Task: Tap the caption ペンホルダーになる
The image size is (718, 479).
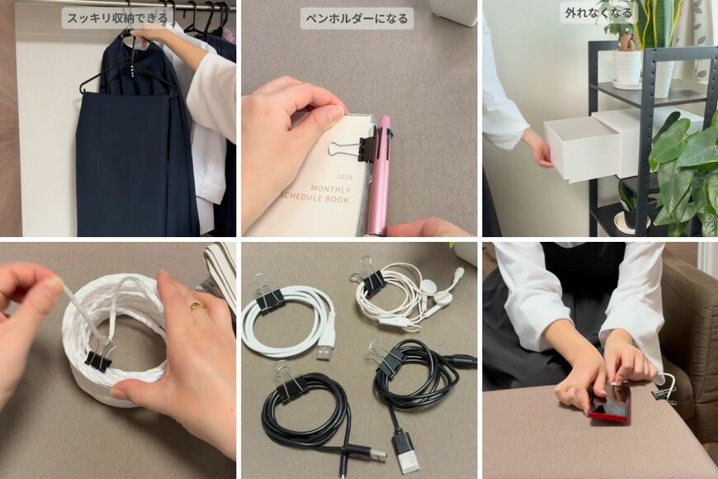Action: click(x=357, y=18)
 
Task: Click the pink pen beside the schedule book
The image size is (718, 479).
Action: click(x=380, y=178)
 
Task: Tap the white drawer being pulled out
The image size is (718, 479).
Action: click(x=582, y=149)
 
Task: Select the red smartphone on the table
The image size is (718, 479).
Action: click(x=611, y=402)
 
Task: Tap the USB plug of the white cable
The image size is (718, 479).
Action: click(x=324, y=352)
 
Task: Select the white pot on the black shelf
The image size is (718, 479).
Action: click(x=627, y=66)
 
